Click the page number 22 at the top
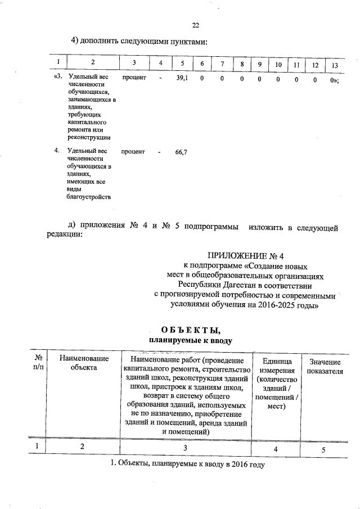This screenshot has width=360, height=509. (196, 25)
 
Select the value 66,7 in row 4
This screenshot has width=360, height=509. (181, 152)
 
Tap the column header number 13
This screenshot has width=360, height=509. (335, 64)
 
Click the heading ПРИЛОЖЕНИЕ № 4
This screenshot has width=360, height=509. (242, 256)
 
